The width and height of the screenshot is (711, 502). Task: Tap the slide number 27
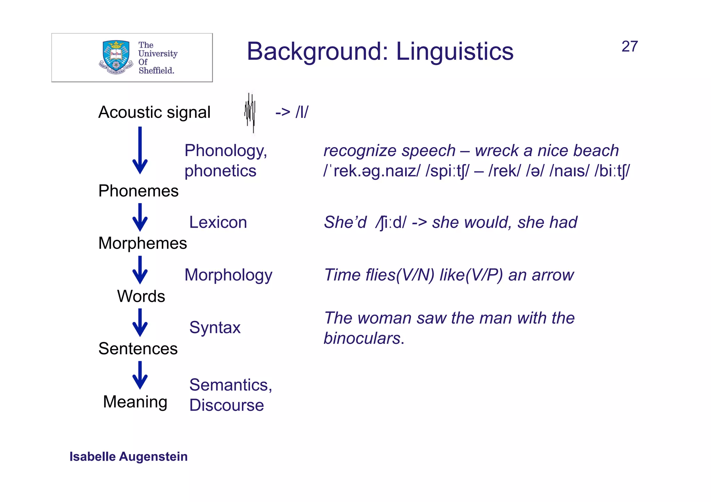click(x=629, y=46)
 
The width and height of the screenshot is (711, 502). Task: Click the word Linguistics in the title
click(x=454, y=51)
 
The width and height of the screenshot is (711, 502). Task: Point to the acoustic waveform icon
click(x=250, y=113)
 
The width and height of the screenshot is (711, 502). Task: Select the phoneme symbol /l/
click(x=302, y=112)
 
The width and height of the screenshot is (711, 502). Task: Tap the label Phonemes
click(x=138, y=191)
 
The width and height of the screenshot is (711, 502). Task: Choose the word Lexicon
click(x=218, y=222)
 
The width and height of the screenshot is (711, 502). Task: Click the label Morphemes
click(x=142, y=243)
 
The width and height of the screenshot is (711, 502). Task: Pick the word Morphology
click(x=228, y=275)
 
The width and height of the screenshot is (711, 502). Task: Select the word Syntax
click(x=215, y=327)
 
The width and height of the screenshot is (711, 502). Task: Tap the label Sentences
click(x=138, y=348)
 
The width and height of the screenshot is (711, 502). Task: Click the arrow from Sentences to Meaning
click(x=140, y=375)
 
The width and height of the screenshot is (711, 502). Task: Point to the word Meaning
click(x=135, y=402)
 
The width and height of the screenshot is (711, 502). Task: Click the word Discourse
click(x=226, y=405)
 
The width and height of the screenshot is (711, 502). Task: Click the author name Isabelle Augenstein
click(x=128, y=457)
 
